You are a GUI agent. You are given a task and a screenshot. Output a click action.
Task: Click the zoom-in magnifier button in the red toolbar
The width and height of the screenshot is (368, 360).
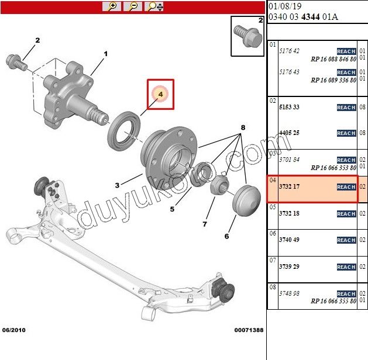(x=112, y=6)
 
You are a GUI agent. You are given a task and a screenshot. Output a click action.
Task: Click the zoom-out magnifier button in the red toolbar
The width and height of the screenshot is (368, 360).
(x=133, y=6)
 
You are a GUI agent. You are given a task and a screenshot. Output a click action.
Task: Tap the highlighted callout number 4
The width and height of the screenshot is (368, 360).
(x=160, y=94)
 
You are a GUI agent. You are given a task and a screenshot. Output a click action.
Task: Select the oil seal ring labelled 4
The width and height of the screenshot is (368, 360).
(x=123, y=131)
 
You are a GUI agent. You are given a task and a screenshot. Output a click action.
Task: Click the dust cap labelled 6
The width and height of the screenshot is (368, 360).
(x=246, y=200)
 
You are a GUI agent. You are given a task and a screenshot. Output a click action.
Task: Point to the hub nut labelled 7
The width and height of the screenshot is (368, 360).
(x=219, y=185)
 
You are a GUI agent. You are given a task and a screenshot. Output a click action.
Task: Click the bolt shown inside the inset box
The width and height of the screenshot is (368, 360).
(x=248, y=36)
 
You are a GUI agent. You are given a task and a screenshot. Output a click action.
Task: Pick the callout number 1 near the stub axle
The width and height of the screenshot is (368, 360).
(x=106, y=54)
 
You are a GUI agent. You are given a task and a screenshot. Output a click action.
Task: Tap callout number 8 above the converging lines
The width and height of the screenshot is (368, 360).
(x=243, y=127)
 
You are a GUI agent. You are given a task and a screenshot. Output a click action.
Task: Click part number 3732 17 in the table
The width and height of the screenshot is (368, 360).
(x=289, y=186)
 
